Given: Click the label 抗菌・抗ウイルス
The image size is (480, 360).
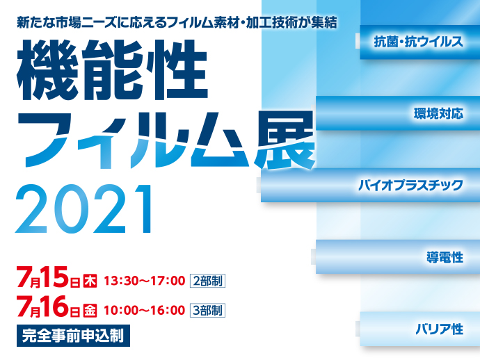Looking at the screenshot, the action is click(x=418, y=42).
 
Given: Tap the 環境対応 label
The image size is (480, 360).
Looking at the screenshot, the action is click(x=438, y=113).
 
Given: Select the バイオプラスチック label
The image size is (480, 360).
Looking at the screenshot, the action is click(x=410, y=186).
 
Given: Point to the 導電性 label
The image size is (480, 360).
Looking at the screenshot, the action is click(x=445, y=257).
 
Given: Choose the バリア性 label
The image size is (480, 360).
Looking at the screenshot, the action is click(x=439, y=329).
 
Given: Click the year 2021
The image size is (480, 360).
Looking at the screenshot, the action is click(x=83, y=209).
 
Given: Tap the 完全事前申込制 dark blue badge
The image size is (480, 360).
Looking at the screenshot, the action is click(x=73, y=336).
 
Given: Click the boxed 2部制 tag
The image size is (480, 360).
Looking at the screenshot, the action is click(x=207, y=281).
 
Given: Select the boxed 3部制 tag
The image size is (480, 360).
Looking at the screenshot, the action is click(x=207, y=310).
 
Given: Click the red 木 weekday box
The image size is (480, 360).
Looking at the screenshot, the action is click(x=90, y=281).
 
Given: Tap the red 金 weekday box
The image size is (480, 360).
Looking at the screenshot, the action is click(x=90, y=311).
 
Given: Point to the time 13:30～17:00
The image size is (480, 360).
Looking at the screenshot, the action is click(x=145, y=281).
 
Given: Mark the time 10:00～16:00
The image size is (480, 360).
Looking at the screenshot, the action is click(x=145, y=311).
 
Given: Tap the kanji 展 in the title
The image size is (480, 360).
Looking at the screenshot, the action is click(x=285, y=140).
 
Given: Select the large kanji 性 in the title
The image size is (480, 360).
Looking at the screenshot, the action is click(x=177, y=69).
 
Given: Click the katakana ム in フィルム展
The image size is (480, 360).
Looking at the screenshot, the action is click(x=220, y=140).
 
